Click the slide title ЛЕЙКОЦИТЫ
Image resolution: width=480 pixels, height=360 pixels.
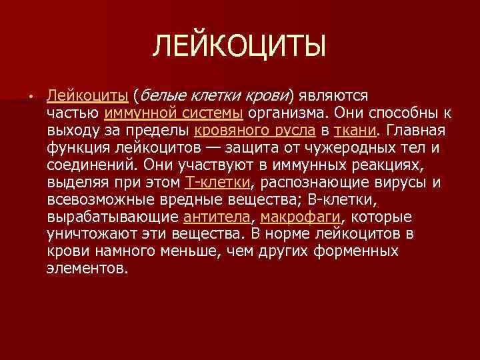[240, 47]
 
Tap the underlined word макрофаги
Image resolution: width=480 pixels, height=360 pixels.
[300, 216]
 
